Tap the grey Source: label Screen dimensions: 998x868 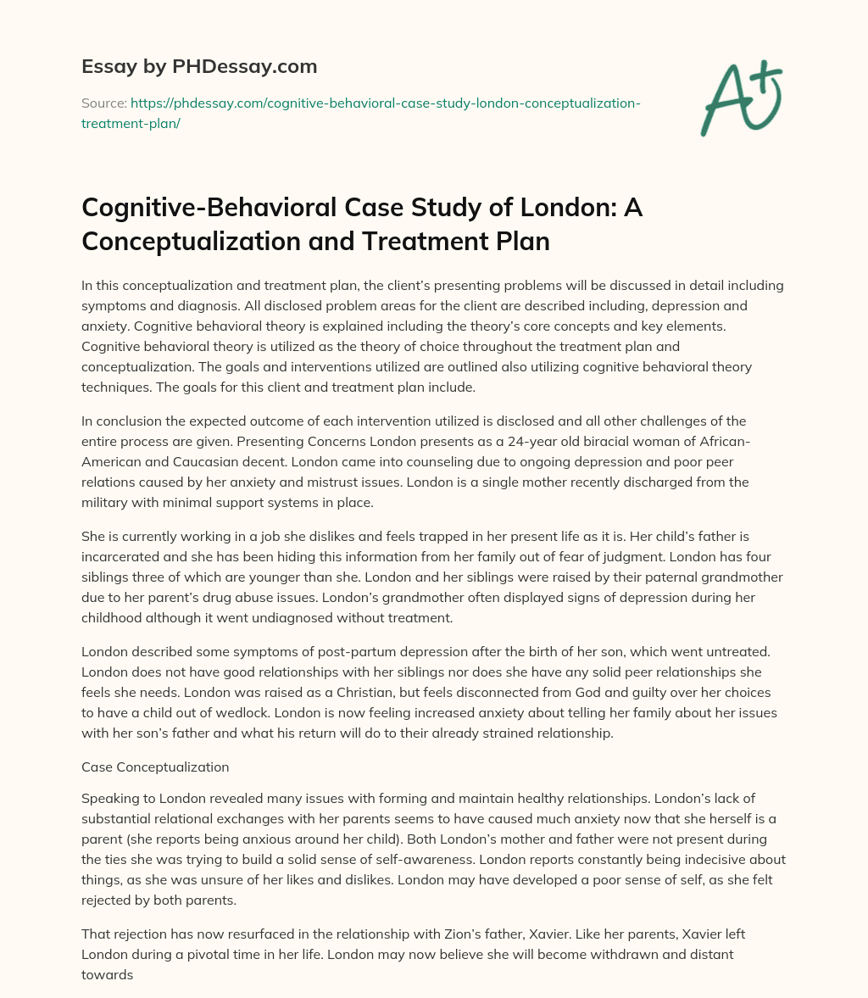[x=103, y=103]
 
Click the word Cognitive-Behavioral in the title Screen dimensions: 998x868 [x=212, y=209]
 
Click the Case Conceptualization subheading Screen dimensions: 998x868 [x=155, y=767]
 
